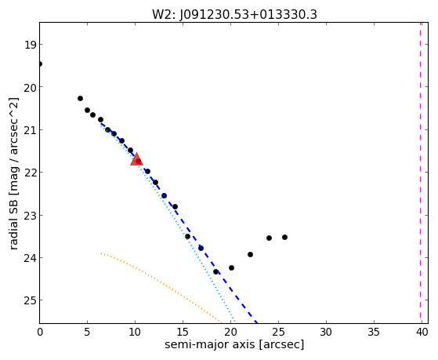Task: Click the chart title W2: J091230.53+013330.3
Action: [234, 15]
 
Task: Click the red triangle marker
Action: [136, 159]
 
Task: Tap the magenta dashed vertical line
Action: [420, 173]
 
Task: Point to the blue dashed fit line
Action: [179, 223]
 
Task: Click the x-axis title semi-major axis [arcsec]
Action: [234, 344]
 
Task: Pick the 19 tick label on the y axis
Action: [30, 45]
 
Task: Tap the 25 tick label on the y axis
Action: [30, 300]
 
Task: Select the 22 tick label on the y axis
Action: [30, 173]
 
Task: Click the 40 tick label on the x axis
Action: [422, 332]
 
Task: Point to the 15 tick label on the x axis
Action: [183, 332]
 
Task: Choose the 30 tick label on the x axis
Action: [326, 332]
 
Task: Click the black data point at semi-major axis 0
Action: [40, 64]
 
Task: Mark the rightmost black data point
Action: [284, 237]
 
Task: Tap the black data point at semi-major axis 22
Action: [250, 255]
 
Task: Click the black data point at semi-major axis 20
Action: [231, 268]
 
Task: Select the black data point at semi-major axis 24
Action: [269, 238]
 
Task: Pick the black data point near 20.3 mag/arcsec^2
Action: [80, 99]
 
